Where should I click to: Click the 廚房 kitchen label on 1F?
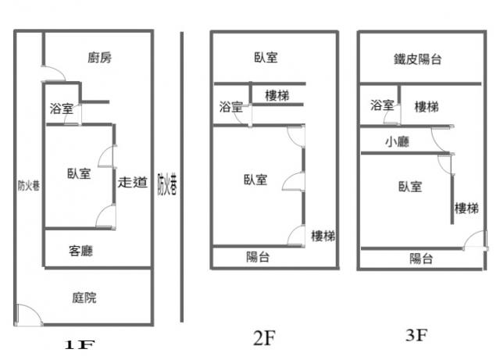99,57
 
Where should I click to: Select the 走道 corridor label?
133,183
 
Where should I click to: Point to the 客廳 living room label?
82,251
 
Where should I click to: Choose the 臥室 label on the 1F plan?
79,174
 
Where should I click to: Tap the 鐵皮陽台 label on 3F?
417,59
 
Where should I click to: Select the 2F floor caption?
264,338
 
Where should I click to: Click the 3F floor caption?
417,336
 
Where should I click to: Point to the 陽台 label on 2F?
258,257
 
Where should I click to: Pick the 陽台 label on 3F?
421,259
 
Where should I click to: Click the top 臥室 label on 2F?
266,57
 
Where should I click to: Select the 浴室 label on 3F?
382,105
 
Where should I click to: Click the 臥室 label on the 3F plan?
410,186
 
